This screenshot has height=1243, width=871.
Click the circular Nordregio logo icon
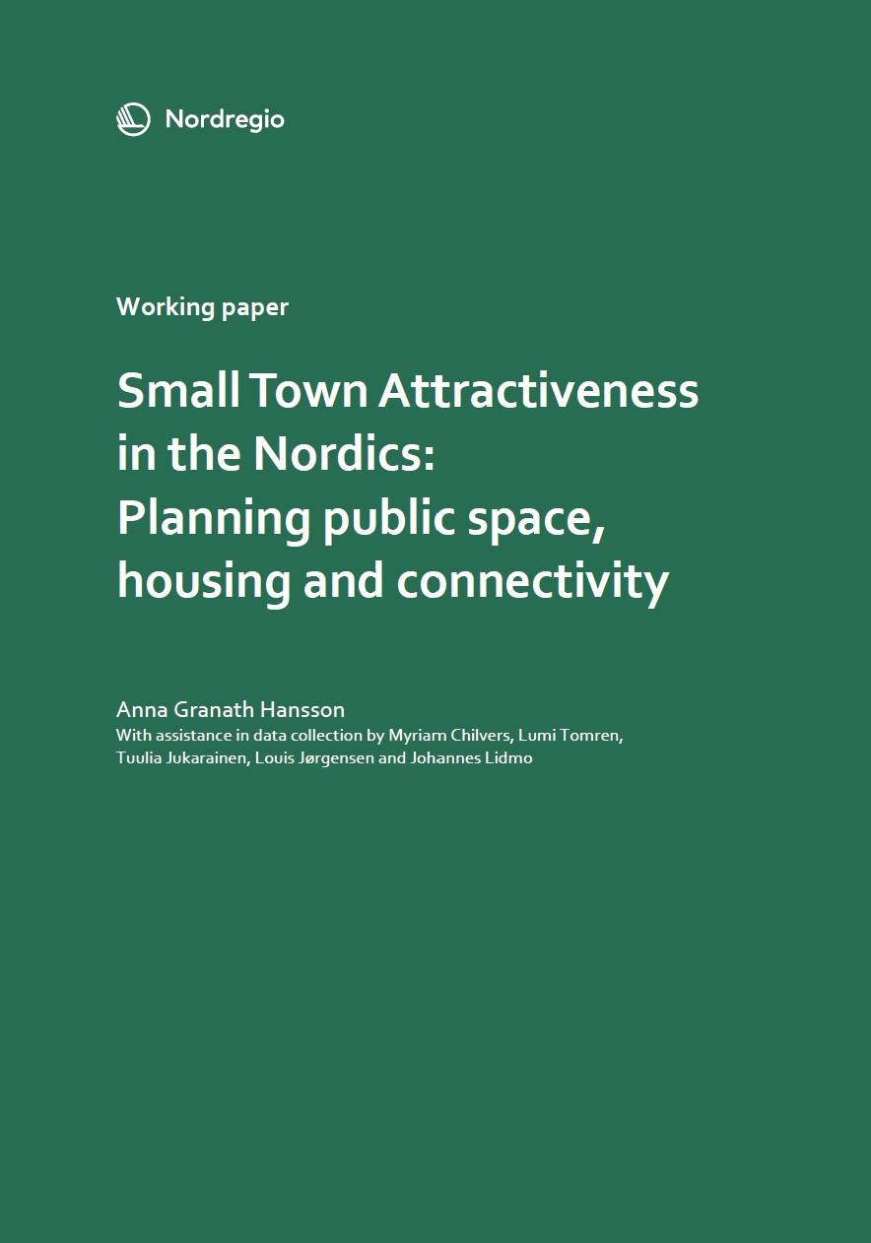pos(133,119)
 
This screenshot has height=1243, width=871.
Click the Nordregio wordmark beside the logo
pos(225,120)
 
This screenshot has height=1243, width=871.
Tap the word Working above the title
pos(166,308)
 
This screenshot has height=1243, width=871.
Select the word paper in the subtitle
pos(255,309)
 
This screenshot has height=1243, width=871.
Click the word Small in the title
pos(178,390)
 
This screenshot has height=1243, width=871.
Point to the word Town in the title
pos(309,391)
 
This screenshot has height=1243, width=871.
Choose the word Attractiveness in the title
pos(539,391)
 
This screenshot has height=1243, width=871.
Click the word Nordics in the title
pos(337,453)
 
